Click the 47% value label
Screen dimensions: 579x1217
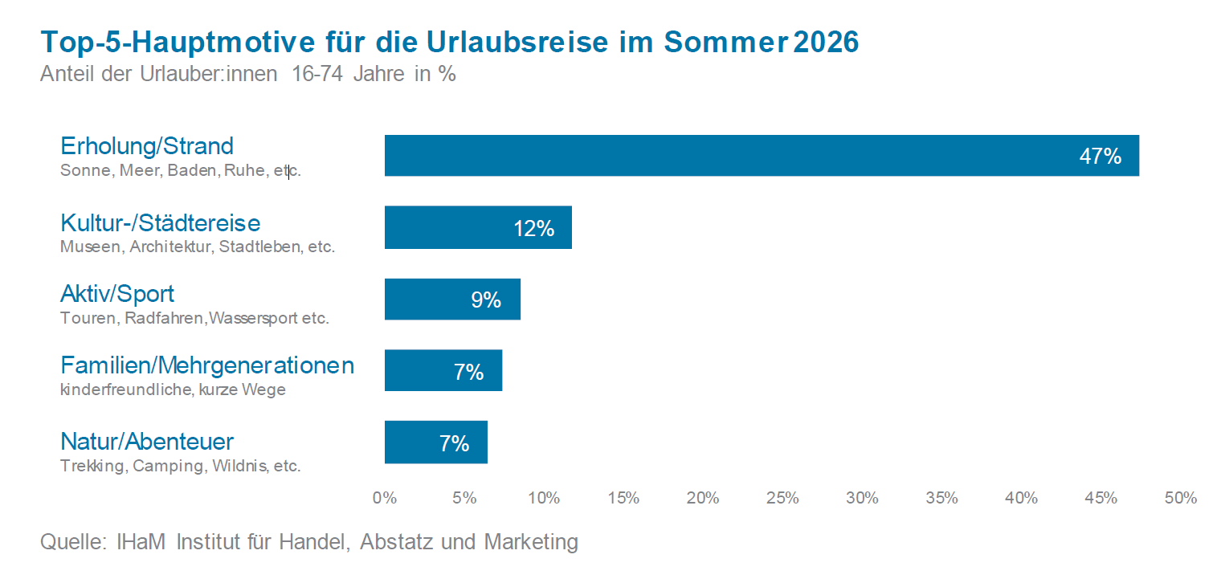click(1100, 157)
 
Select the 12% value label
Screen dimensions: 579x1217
click(534, 229)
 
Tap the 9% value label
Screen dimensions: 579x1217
click(486, 300)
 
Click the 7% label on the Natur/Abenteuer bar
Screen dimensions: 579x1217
click(454, 443)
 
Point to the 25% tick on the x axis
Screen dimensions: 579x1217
click(782, 498)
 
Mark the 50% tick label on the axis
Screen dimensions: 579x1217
click(1180, 498)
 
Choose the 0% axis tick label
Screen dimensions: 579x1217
click(385, 498)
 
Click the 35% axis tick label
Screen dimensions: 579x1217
click(941, 498)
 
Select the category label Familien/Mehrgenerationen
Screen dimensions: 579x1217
click(207, 366)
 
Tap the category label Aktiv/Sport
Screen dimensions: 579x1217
click(117, 294)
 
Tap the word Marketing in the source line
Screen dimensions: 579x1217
click(531, 542)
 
